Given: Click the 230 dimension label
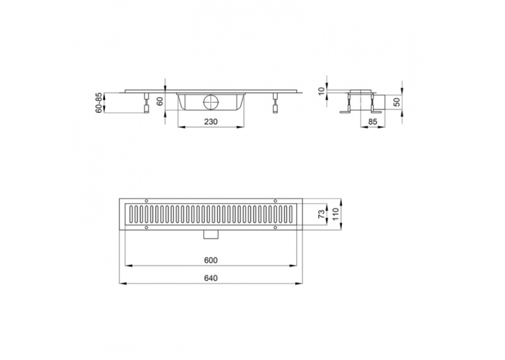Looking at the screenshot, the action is pyautogui.click(x=211, y=122).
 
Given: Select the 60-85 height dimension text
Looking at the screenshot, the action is pyautogui.click(x=99, y=103).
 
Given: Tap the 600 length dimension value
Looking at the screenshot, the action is pyautogui.click(x=211, y=260).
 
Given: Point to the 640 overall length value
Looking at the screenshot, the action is pyautogui.click(x=211, y=278).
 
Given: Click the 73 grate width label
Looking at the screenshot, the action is pyautogui.click(x=321, y=214).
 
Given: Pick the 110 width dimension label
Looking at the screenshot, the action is pyautogui.click(x=335, y=214).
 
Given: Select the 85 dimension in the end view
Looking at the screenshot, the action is pyautogui.click(x=372, y=122).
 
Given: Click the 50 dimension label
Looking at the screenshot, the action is pyautogui.click(x=397, y=102).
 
